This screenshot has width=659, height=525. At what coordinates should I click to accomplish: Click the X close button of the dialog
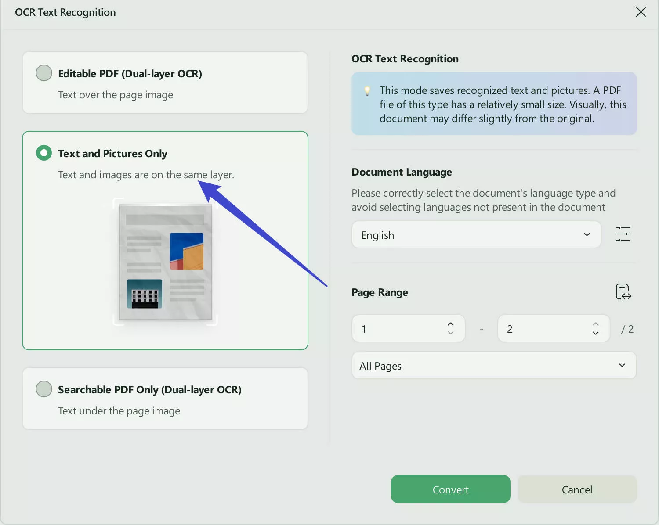(x=641, y=12)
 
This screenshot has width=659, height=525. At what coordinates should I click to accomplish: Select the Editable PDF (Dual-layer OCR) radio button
(x=44, y=73)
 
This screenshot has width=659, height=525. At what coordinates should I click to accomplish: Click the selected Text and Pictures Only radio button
(x=44, y=153)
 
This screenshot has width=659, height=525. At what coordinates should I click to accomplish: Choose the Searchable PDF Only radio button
(x=44, y=389)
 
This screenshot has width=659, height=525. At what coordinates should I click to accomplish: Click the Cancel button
(x=577, y=489)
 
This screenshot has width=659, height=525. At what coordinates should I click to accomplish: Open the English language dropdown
(x=476, y=235)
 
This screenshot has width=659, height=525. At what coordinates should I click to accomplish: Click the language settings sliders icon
(x=623, y=234)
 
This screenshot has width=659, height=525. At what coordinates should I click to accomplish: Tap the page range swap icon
(x=623, y=291)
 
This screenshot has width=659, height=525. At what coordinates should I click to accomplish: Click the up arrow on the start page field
(x=450, y=324)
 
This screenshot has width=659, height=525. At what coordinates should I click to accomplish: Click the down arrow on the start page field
(x=450, y=333)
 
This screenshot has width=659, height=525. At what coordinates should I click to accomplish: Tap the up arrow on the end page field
(x=595, y=324)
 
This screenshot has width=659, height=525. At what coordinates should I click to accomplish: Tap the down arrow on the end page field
(x=595, y=333)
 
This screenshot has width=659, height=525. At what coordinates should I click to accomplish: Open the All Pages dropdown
(x=494, y=366)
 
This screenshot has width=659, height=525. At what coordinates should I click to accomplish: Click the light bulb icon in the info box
(x=367, y=91)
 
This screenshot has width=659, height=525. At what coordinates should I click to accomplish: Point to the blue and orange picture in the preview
(x=187, y=251)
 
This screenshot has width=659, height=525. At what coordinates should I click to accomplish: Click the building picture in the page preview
(x=145, y=294)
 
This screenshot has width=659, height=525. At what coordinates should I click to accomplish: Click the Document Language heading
(x=402, y=172)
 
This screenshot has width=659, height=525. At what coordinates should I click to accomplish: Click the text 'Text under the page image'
(x=119, y=411)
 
